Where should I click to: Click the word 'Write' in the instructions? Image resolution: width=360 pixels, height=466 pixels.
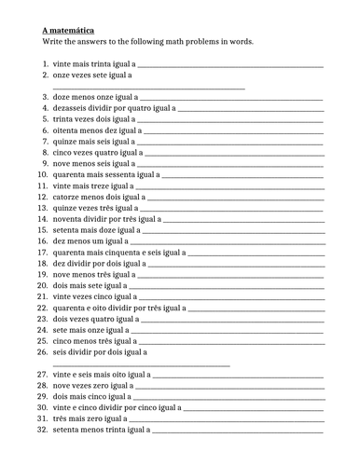click(x=53, y=42)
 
